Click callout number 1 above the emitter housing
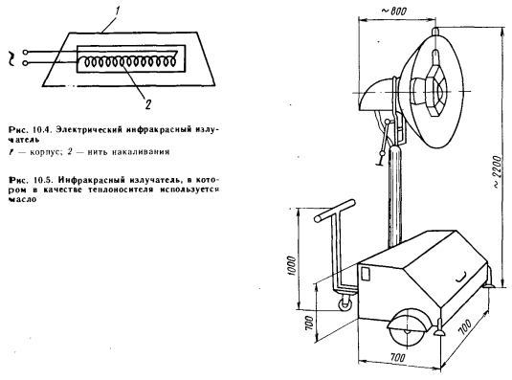(x=117, y=11)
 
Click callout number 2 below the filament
(x=148, y=104)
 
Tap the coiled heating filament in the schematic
(x=128, y=61)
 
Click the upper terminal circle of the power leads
(x=25, y=53)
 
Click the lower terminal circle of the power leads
(x=25, y=63)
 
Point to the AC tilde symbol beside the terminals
(x=11, y=58)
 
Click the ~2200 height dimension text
(x=497, y=171)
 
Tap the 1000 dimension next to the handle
(x=292, y=266)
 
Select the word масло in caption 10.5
(x=22, y=199)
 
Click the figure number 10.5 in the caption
(x=41, y=180)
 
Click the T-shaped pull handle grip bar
(x=334, y=211)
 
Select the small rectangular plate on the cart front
(x=366, y=274)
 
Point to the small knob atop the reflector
(x=435, y=31)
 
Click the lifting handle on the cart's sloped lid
(x=460, y=278)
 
